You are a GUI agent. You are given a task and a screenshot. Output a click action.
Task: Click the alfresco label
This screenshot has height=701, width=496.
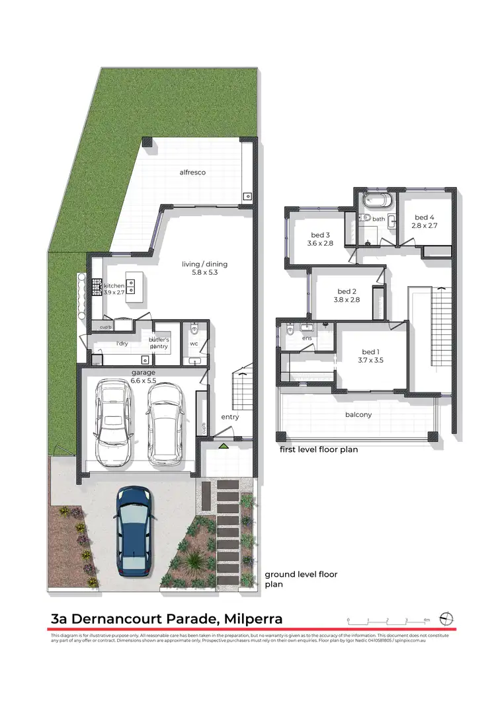(192, 172)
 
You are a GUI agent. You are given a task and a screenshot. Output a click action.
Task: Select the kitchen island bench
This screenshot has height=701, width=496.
(135, 286)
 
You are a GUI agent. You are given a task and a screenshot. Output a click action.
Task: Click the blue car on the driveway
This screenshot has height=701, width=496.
(134, 531)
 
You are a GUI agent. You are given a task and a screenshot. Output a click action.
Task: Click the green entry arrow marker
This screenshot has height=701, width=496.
(224, 447)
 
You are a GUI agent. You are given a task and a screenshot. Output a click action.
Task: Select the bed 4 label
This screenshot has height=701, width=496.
(425, 217)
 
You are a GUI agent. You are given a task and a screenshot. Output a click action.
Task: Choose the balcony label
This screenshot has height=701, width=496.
(358, 415)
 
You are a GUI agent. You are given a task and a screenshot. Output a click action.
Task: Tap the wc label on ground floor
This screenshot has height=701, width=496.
(194, 344)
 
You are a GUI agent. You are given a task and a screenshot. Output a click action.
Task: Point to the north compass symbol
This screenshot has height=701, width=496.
(448, 618)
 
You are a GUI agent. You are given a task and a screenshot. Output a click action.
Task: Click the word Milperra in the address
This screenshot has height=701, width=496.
(253, 619)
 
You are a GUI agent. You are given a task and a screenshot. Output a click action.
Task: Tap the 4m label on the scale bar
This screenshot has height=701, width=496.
(427, 620)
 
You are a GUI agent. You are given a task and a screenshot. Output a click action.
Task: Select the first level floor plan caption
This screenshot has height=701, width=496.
(318, 450)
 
